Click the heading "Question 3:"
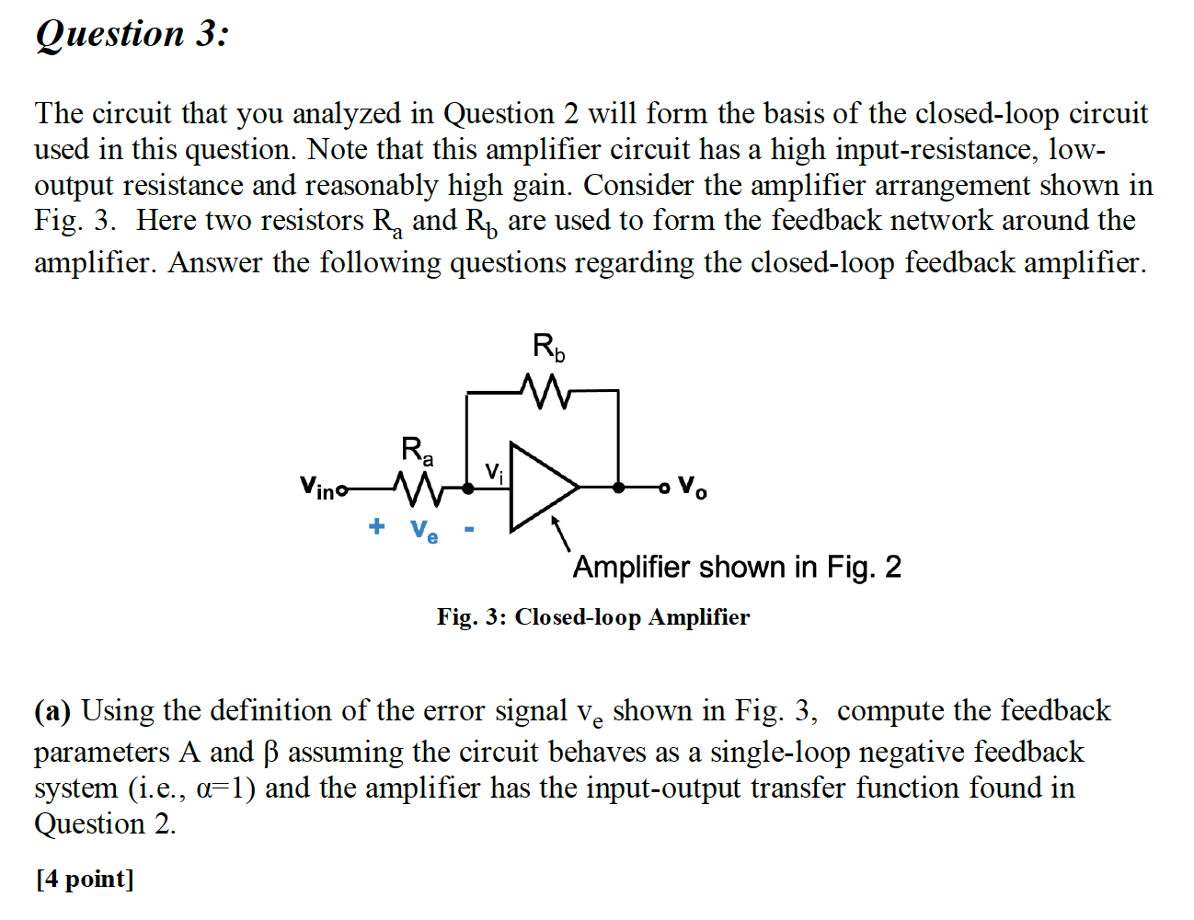click(x=132, y=34)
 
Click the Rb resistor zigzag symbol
click(x=545, y=391)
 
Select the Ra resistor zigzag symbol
click(x=418, y=488)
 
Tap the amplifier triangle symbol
click(x=541, y=487)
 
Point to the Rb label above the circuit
click(x=548, y=348)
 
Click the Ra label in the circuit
click(x=417, y=451)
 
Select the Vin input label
click(x=318, y=487)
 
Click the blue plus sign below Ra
click(x=376, y=526)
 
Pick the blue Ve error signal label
click(x=424, y=530)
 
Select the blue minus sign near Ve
click(x=469, y=529)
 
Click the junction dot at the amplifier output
click(x=618, y=487)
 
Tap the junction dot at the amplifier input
click(x=468, y=488)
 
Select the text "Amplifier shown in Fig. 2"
click(x=736, y=567)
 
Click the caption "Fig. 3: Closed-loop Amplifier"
click(x=592, y=616)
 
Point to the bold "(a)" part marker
click(x=52, y=711)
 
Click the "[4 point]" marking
click(x=85, y=879)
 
